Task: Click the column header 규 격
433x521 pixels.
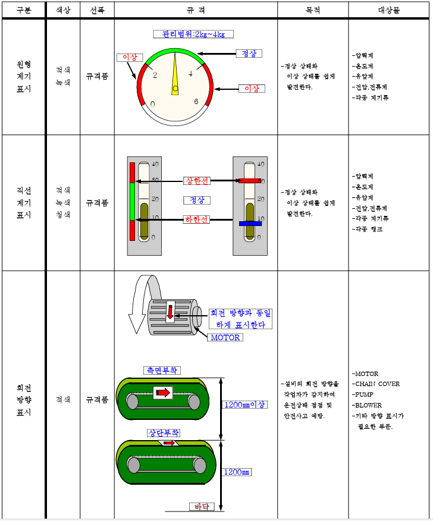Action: (196, 11)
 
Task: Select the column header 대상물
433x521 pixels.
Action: (390, 11)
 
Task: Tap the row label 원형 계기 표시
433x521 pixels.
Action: (24, 77)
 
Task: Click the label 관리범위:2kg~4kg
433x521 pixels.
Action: (193, 34)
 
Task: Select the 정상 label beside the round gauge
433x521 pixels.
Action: (249, 54)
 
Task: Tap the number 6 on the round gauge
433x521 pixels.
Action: (196, 102)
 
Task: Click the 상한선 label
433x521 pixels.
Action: (197, 181)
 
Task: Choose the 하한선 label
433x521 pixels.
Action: (197, 219)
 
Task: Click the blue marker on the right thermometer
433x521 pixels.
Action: (250, 224)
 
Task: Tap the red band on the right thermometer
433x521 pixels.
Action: (250, 180)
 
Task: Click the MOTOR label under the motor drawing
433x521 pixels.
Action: (224, 337)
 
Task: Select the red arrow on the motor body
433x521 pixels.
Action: (170, 311)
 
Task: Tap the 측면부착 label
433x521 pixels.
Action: (162, 370)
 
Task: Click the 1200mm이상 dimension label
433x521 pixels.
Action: (244, 404)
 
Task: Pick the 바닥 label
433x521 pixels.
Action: (201, 507)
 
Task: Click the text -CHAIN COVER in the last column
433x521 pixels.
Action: (377, 384)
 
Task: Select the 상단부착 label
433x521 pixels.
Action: (164, 432)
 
